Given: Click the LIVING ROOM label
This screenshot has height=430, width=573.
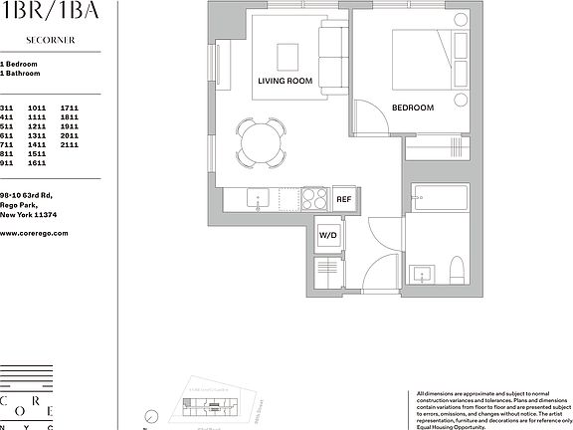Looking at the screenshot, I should click(286, 81).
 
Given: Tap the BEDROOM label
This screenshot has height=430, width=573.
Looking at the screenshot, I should click(413, 107).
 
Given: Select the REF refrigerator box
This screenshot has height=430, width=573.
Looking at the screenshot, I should click(344, 199).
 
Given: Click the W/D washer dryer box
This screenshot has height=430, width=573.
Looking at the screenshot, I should click(328, 235).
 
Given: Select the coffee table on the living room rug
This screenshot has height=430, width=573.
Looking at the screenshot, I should click(287, 54).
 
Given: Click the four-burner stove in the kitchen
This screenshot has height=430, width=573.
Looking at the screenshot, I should click(314, 199).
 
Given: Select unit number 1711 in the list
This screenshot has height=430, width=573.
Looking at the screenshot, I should click(69, 107).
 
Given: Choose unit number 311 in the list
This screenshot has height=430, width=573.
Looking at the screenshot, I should click(7, 107).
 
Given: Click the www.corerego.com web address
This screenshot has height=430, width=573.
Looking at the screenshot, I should click(34, 232).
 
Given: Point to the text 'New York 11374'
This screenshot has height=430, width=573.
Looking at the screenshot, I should click(27, 214).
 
